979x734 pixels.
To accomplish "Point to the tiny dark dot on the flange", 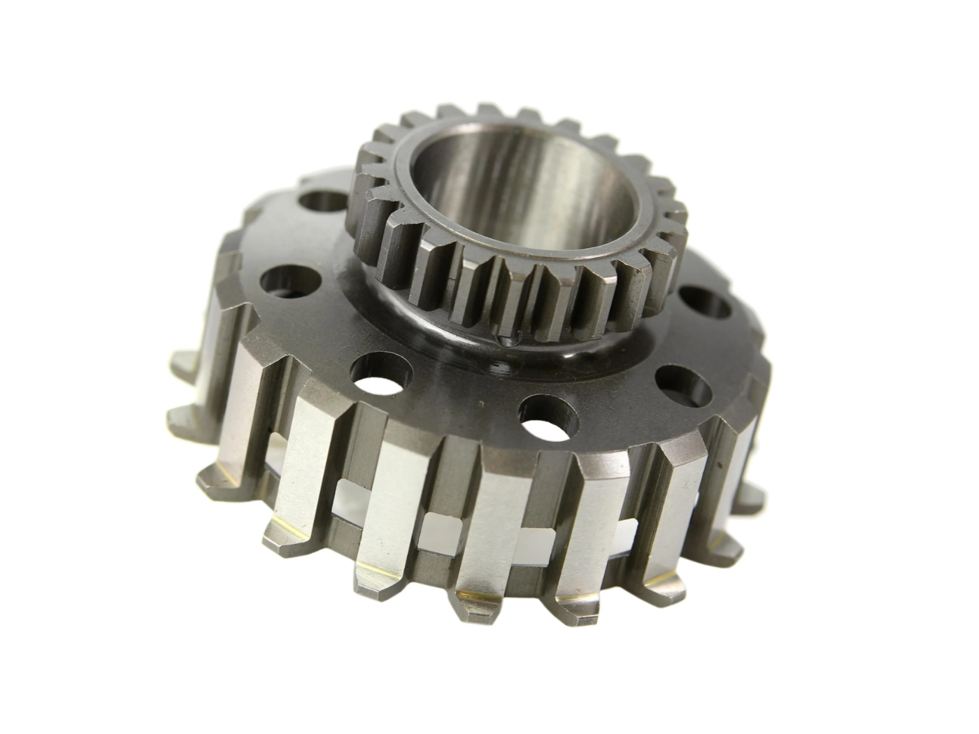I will (481, 404).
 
